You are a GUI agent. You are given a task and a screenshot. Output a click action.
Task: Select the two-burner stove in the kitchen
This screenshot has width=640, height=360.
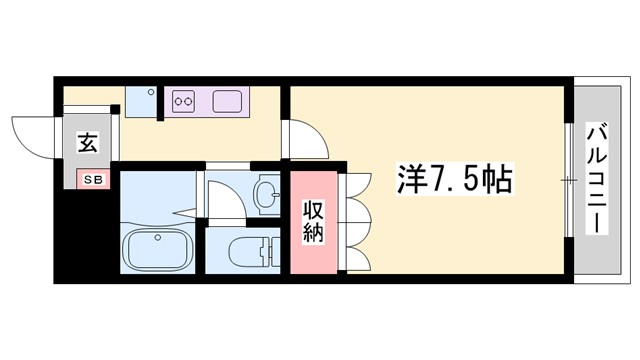click(x=184, y=100)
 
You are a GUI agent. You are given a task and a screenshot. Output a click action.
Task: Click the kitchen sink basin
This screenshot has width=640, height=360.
click(x=225, y=100)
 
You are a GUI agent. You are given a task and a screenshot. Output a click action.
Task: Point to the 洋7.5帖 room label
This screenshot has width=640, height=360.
click(x=444, y=181)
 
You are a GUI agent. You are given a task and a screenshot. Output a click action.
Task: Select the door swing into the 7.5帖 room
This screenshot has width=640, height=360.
click(x=305, y=138)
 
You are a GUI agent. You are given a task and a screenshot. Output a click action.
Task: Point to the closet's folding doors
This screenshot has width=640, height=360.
click(x=354, y=225)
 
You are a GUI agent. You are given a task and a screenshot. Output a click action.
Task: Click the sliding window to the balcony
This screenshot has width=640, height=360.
click(x=569, y=180)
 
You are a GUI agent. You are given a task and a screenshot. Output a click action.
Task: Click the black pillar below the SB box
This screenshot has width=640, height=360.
click(x=86, y=230)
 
